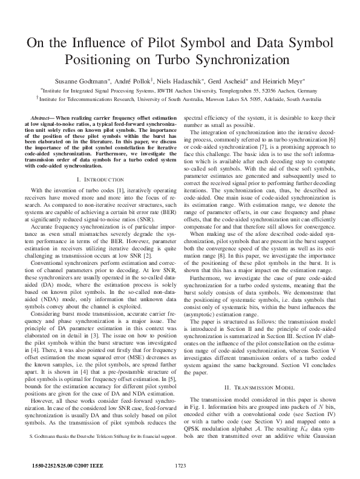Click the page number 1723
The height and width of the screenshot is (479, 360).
180,465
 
